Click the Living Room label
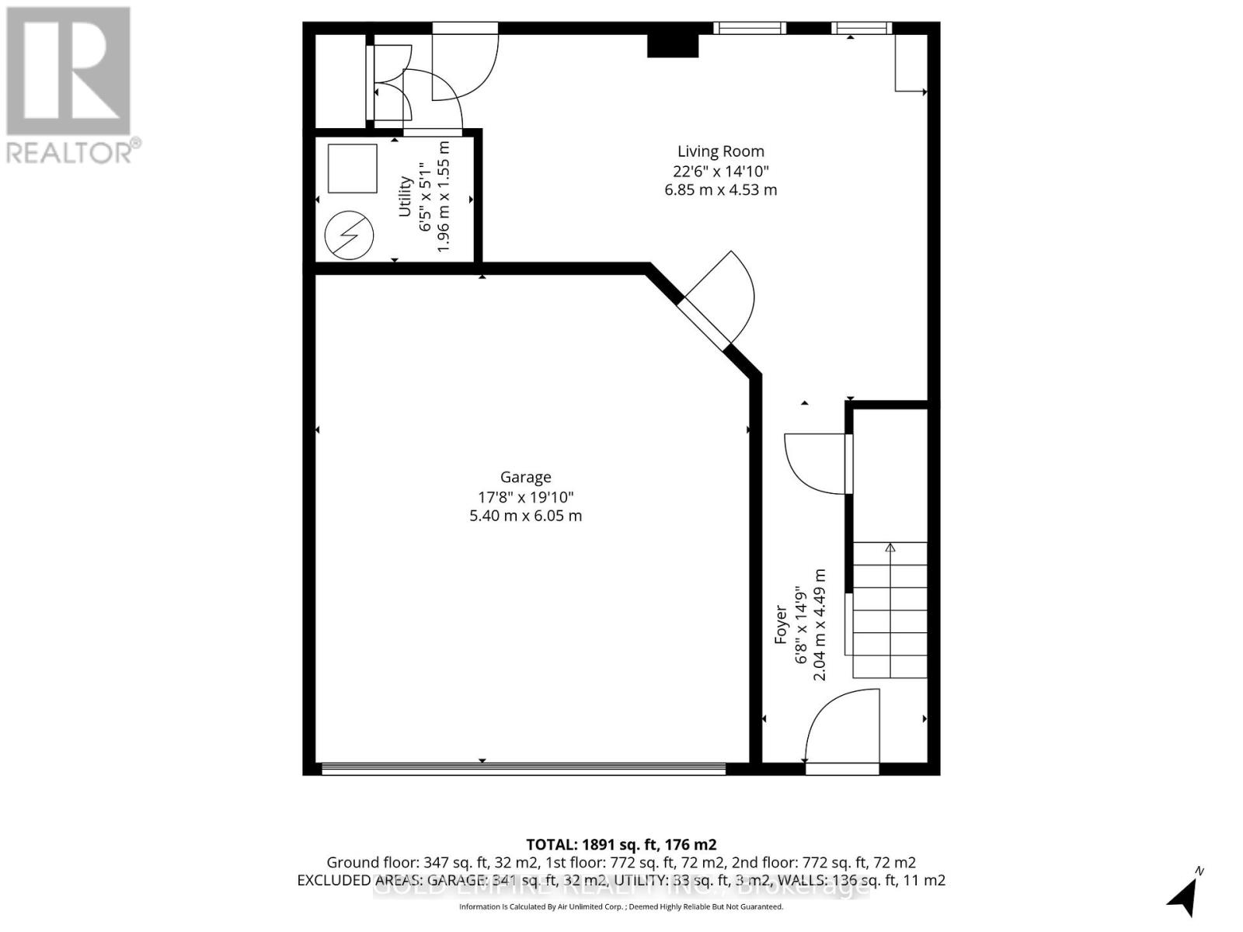point(720,151)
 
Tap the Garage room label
point(525,478)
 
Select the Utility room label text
point(405,196)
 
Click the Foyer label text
point(781,625)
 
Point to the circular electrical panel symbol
point(349,235)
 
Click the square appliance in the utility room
point(352,168)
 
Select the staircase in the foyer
point(890,610)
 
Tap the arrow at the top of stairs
point(890,548)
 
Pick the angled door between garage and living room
point(715,299)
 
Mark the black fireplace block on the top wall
point(673,46)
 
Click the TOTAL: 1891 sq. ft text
point(621,844)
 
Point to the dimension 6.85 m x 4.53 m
point(720,190)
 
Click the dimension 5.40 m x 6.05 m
point(525,516)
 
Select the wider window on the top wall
point(750,29)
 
